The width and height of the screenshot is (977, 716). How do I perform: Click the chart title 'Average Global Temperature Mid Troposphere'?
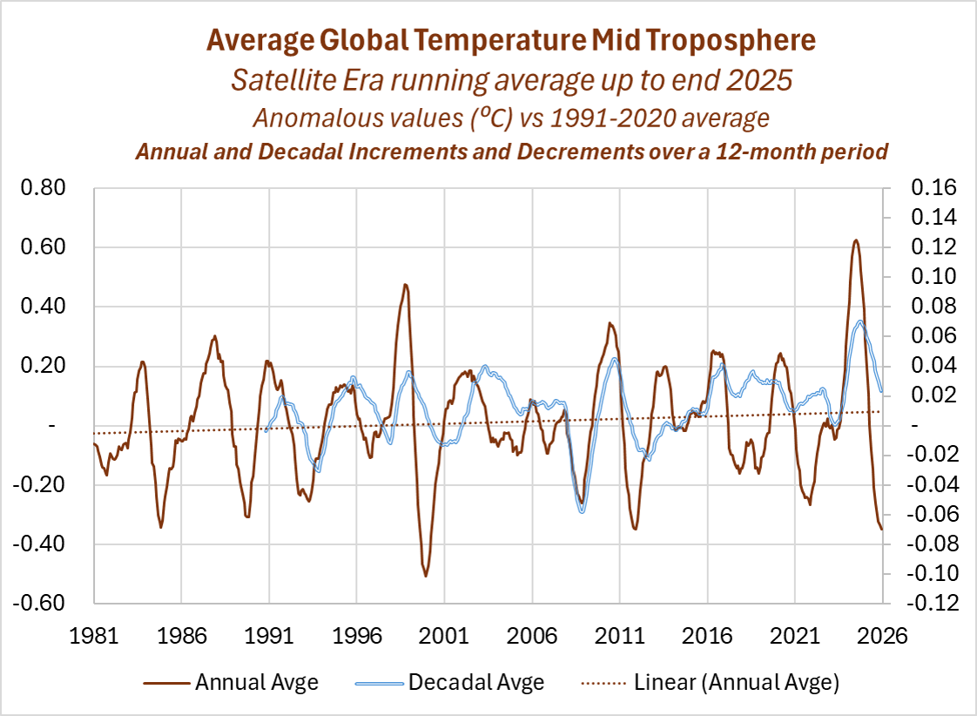click(x=510, y=41)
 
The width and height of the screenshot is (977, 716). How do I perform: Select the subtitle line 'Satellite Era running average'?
click(x=510, y=80)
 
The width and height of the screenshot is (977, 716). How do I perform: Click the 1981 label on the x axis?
click(x=93, y=636)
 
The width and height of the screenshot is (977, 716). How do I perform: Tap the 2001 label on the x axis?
click(x=444, y=636)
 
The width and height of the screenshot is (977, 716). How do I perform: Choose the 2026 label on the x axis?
click(x=882, y=636)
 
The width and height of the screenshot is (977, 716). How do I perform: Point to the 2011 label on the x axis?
click(x=619, y=636)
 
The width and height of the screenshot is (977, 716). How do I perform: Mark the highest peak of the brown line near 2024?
click(x=856, y=240)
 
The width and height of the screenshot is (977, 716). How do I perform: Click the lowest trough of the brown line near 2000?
click(x=426, y=576)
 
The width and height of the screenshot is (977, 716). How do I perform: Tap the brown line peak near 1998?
click(x=405, y=285)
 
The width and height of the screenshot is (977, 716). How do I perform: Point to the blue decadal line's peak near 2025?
click(x=860, y=322)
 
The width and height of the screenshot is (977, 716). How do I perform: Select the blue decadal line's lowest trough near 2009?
click(x=582, y=511)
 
